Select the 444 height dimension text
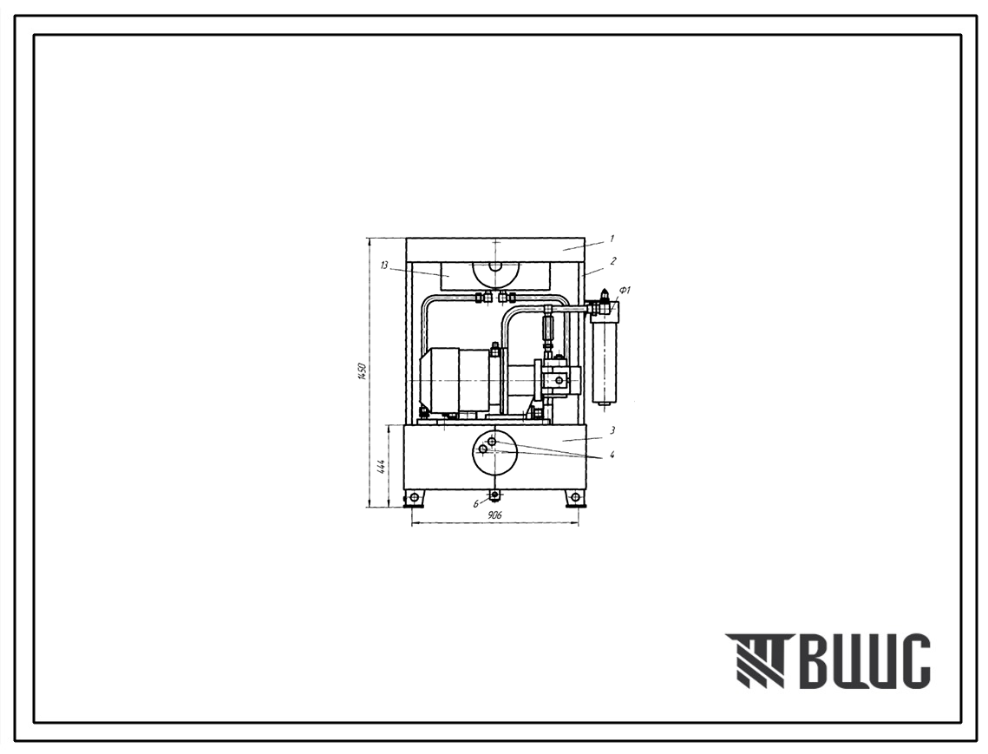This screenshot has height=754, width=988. pos(381,467)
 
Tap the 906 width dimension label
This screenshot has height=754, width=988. pos(494,515)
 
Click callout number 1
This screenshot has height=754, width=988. pos(612,239)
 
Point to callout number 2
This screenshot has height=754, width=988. pos(612,260)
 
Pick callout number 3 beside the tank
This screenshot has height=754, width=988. pos(612,430)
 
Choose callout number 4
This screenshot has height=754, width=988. pos(612,454)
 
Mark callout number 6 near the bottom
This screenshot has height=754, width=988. pos(476,504)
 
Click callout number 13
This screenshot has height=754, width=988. pos(384,265)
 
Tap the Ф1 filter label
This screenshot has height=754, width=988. pos(625,290)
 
